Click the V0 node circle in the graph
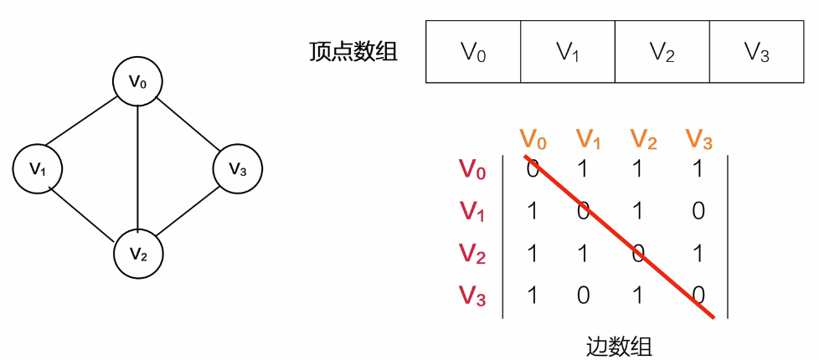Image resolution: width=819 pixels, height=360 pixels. click(x=137, y=81)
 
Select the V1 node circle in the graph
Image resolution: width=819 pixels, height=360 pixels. click(x=38, y=168)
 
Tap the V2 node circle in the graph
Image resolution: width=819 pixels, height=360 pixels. click(x=138, y=253)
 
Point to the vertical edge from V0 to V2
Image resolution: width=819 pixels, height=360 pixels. click(x=137, y=167)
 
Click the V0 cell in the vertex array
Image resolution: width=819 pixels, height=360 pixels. click(x=473, y=52)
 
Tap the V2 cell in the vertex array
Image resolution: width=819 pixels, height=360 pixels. click(x=662, y=52)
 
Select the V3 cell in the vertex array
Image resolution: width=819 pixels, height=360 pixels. click(x=757, y=52)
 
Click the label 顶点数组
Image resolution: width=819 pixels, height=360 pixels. click(x=353, y=52)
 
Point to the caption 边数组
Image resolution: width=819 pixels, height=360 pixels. click(x=619, y=345)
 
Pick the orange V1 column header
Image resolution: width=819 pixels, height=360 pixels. click(x=588, y=138)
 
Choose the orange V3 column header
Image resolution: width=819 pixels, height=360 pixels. click(x=698, y=138)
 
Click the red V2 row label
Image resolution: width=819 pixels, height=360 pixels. click(x=472, y=253)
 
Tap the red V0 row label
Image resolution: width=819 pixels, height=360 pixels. click(x=472, y=169)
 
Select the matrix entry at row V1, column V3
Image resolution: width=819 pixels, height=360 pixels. click(x=698, y=211)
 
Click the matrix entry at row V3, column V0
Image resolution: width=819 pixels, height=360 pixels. click(x=532, y=295)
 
